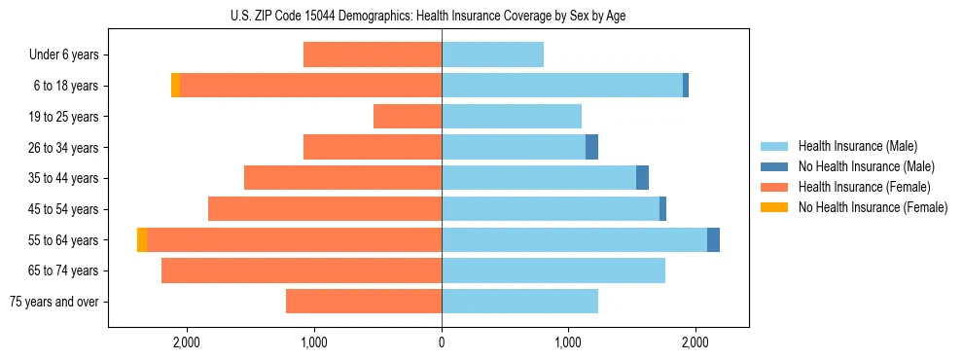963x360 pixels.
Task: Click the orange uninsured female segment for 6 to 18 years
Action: [x=175, y=86]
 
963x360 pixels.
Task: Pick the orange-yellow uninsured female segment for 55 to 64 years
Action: [x=142, y=239]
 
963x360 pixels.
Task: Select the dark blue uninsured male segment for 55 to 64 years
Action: [x=713, y=239]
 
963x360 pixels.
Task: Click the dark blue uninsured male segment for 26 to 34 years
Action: [x=591, y=147]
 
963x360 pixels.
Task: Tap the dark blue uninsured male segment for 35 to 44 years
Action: [x=642, y=178]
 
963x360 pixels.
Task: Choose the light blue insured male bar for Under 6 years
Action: [x=492, y=54]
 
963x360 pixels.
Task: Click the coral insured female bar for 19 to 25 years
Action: [x=408, y=117]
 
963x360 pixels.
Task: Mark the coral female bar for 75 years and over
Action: [x=364, y=302]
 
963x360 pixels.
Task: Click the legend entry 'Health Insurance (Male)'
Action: [x=857, y=146]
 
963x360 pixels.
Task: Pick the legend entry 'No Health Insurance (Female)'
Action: [x=873, y=207]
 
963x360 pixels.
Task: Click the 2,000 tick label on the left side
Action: [x=186, y=342]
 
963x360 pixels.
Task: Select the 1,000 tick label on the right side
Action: [x=568, y=342]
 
